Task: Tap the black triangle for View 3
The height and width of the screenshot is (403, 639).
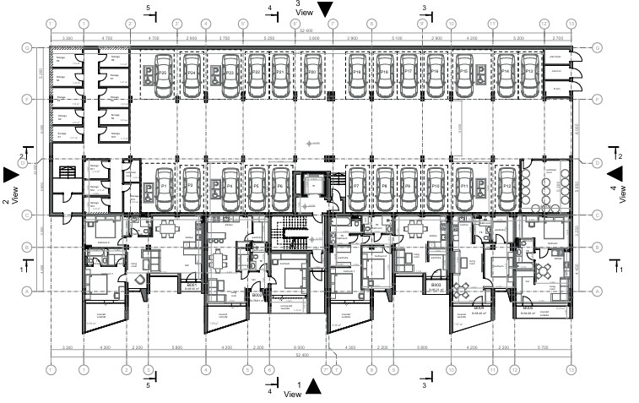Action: [x=325, y=10]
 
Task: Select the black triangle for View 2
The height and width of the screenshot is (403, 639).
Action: [x=10, y=174]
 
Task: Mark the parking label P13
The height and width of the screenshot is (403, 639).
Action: [x=529, y=74]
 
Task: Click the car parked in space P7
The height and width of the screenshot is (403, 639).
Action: [x=357, y=184]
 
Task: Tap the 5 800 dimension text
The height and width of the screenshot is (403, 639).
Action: [x=176, y=348]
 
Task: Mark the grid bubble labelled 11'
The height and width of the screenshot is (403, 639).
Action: [x=492, y=369]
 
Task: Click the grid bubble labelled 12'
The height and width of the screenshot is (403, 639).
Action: [x=514, y=369]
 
